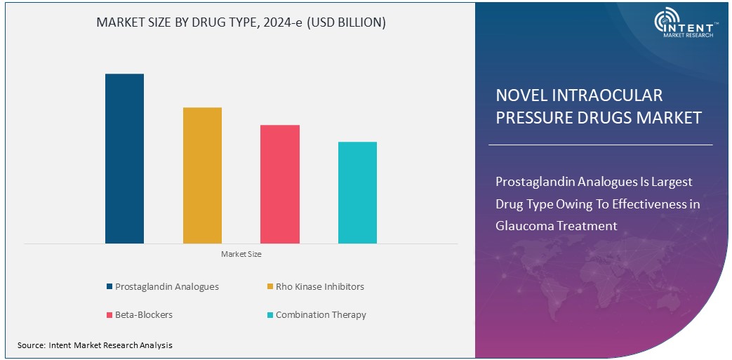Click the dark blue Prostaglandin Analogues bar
[124, 159]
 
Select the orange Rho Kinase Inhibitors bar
[202, 175]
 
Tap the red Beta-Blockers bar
[280, 184]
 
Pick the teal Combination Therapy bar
[357, 192]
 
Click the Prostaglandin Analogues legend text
[167, 286]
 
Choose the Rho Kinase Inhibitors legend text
[319, 286]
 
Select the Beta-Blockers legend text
[144, 315]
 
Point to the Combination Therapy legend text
[321, 315]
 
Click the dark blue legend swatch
[109, 286]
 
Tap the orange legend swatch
[269, 286]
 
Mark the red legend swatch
[109, 315]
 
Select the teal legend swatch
[269, 315]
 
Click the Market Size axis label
[241, 254]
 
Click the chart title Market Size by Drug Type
[241, 23]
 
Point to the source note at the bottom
[95, 345]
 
